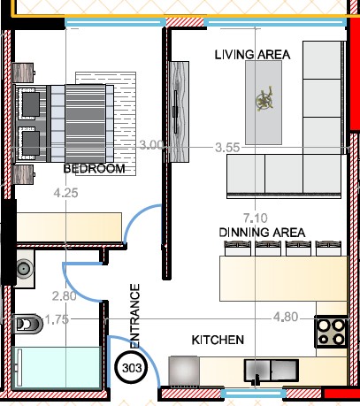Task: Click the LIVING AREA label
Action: tap(252, 55)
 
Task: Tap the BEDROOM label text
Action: tap(95, 169)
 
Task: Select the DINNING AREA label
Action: tap(262, 233)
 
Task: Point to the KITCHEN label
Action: tap(218, 340)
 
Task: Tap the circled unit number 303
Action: tap(132, 368)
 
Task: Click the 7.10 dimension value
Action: tap(256, 218)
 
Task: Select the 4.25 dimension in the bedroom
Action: tap(66, 193)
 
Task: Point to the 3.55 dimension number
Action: tap(227, 148)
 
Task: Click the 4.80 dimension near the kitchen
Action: tap(286, 318)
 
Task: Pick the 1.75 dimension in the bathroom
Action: tap(57, 319)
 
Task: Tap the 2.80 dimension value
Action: tap(65, 296)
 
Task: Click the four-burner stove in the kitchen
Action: tap(331, 332)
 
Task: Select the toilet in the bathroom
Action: tap(28, 324)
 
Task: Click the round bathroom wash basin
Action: tap(25, 269)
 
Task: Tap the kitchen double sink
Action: tap(272, 371)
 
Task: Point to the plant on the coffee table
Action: tap(264, 99)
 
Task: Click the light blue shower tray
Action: tap(57, 368)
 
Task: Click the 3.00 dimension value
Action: tap(151, 145)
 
